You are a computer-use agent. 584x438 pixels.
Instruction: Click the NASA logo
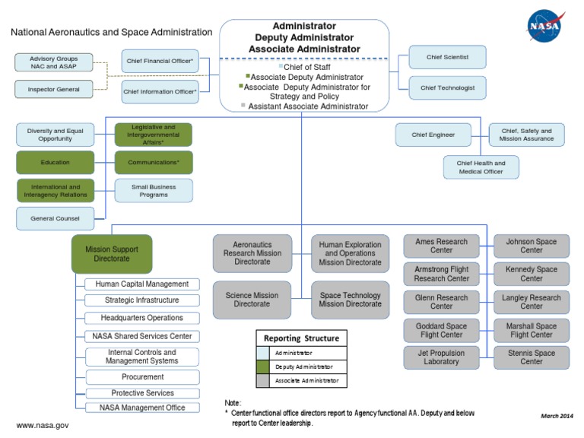[x=547, y=26]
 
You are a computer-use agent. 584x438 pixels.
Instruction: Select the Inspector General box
[x=53, y=90]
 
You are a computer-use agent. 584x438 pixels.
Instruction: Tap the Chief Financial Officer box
[x=160, y=62]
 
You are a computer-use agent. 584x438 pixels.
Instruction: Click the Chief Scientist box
[x=447, y=57]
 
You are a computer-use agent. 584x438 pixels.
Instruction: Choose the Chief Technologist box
[x=447, y=88]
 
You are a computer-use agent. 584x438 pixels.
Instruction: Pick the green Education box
[x=56, y=162]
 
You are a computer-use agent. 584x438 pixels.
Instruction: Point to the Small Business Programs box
[x=154, y=190]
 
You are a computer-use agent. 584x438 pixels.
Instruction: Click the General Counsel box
[x=56, y=218]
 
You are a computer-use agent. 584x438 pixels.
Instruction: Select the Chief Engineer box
[x=433, y=135]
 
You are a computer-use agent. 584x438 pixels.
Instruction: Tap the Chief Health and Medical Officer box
[x=481, y=167]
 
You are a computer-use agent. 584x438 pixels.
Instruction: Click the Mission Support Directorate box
[x=112, y=254]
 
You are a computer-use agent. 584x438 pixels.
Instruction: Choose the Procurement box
[x=143, y=376]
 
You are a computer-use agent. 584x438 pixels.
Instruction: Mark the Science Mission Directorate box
[x=252, y=300]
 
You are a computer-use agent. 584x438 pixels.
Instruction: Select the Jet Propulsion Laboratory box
[x=442, y=357]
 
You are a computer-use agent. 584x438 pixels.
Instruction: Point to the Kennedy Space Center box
[x=532, y=274]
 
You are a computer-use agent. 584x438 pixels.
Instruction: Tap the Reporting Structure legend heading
[x=301, y=338]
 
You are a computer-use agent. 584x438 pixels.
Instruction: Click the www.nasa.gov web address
[x=43, y=425]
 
